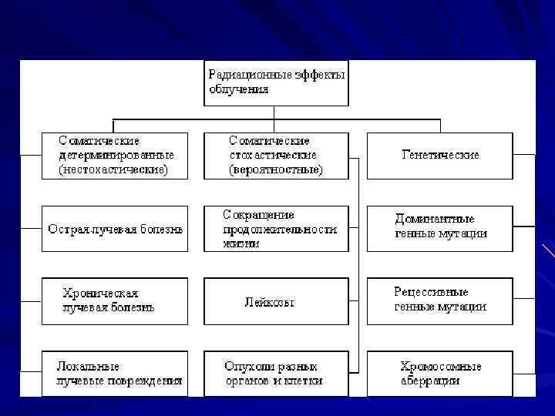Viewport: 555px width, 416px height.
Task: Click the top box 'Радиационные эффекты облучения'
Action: point(276,82)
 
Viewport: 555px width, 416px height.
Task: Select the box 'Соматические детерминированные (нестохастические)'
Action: point(114,155)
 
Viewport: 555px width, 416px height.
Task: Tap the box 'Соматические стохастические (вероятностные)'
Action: point(276,155)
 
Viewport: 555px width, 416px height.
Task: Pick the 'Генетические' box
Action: point(439,155)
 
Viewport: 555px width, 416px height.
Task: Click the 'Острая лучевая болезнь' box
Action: point(114,229)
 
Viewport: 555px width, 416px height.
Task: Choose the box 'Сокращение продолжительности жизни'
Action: point(276,229)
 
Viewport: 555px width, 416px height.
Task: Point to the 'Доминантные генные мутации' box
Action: point(439,229)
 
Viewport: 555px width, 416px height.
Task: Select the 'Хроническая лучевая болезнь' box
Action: point(114,300)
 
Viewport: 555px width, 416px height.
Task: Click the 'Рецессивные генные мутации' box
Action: point(439,300)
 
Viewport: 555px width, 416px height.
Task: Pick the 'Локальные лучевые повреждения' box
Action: point(114,374)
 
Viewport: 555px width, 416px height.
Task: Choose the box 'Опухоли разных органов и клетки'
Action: point(276,374)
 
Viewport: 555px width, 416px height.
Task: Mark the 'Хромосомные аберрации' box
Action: point(439,374)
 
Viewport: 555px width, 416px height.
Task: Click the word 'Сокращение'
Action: point(259,215)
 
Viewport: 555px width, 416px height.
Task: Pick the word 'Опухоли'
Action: point(245,367)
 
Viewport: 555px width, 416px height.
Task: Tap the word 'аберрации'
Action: point(430,381)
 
